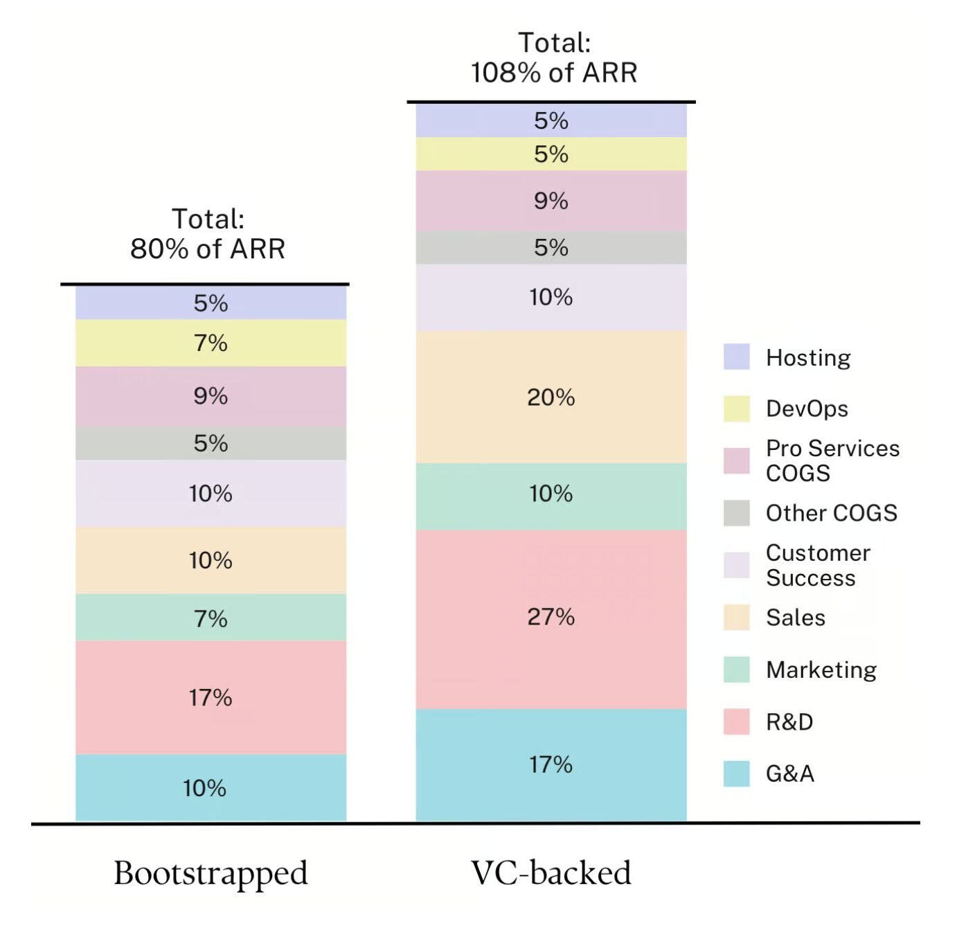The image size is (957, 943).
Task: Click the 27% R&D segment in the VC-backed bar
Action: pos(551,618)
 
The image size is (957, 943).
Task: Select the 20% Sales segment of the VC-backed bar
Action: pos(551,397)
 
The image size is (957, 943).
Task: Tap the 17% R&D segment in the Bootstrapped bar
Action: pos(211,697)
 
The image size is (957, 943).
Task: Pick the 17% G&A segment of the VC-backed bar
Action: pos(551,764)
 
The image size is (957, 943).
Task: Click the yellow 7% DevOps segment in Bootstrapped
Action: pos(211,343)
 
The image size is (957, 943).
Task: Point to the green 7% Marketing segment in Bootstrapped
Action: pos(211,618)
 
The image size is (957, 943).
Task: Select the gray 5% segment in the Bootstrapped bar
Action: pos(211,443)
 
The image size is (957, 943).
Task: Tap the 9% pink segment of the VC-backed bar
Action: pos(551,201)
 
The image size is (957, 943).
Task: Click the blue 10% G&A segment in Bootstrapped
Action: pos(211,788)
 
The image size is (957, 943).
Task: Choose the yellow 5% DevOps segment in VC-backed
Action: pos(551,154)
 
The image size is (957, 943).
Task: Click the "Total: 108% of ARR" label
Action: pos(554,58)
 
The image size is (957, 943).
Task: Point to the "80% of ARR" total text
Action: pos(208,249)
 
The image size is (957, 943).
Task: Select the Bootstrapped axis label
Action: pos(211,873)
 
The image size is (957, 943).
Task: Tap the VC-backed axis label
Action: pos(551,873)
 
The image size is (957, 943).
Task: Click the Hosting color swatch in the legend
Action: pos(736,357)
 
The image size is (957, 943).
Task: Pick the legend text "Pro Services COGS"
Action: pos(832,460)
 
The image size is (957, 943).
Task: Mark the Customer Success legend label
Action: pos(818,565)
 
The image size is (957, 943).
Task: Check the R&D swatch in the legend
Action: pos(736,721)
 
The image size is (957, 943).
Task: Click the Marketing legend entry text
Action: pos(821,670)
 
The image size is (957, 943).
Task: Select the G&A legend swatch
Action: pos(736,773)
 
